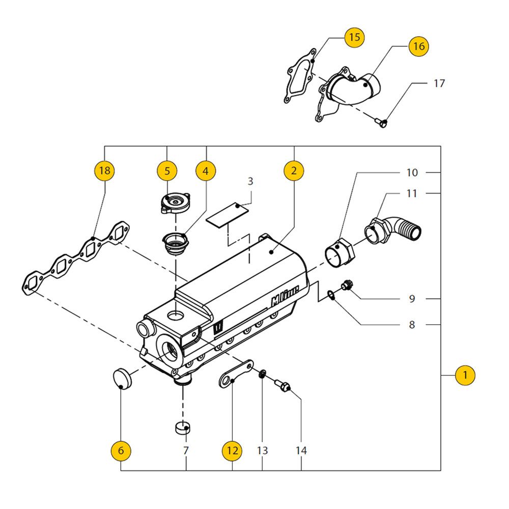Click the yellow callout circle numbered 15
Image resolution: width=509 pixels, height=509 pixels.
tap(354, 37)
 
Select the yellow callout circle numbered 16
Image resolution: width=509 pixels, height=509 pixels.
tap(418, 46)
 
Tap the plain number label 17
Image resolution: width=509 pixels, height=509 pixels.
tap(439, 83)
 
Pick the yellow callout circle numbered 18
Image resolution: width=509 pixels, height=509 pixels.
tap(104, 171)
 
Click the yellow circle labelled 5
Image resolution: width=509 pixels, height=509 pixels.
tap(167, 171)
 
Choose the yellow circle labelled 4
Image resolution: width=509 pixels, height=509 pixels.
tap(206, 171)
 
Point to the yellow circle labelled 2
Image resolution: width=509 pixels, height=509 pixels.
tap(294, 171)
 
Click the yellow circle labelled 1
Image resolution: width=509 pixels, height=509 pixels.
tap(465, 376)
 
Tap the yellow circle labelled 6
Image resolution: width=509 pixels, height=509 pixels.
tap(121, 450)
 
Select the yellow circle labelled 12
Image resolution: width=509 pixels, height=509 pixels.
tap(232, 450)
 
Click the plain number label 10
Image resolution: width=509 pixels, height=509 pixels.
tap(412, 173)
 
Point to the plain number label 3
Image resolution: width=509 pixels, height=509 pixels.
tap(250, 181)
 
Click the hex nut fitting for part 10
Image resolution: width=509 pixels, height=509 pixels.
tap(337, 252)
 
